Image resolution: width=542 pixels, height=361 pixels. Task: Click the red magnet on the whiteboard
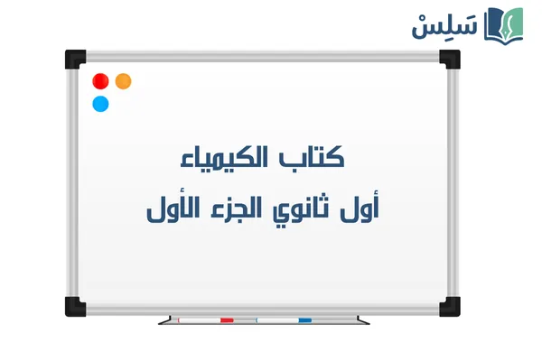(100, 81)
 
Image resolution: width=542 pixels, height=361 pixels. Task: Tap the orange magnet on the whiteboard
(124, 81)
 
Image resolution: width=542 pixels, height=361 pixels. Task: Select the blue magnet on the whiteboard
(100, 104)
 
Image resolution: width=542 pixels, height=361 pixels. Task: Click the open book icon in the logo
(504, 25)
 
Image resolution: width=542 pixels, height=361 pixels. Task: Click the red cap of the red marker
(227, 320)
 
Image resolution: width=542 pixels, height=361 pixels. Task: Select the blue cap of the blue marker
(304, 320)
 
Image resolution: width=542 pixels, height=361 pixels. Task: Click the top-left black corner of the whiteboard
(73, 59)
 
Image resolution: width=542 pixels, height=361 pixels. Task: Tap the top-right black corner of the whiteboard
(449, 59)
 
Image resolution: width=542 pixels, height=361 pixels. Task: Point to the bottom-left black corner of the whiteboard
(73, 305)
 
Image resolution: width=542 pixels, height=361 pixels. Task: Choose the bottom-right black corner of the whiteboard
(449, 305)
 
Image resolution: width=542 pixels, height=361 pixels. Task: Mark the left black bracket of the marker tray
(164, 320)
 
